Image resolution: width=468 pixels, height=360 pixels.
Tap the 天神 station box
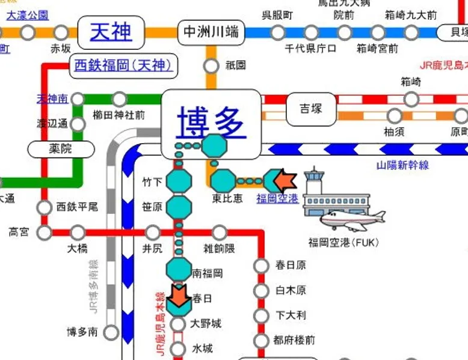[111, 31]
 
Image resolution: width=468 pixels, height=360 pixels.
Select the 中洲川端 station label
[211, 32]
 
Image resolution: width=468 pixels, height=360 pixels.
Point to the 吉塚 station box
[311, 109]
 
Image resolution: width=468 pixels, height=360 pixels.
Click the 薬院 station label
[61, 148]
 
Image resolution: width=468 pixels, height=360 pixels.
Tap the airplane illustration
[352, 219]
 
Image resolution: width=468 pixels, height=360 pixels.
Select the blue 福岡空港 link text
[277, 198]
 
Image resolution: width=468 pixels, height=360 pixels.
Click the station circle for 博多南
[111, 331]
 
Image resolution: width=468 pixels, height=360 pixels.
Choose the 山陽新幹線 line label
[402, 164]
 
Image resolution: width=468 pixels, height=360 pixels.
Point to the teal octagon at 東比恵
[223, 180]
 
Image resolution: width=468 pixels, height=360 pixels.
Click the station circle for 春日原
[261, 265]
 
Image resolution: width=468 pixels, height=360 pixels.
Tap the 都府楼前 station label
[295, 341]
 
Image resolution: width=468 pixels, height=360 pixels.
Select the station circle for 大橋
[78, 232]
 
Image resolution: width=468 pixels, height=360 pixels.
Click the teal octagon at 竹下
[178, 180]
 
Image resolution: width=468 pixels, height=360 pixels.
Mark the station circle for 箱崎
[410, 98]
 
